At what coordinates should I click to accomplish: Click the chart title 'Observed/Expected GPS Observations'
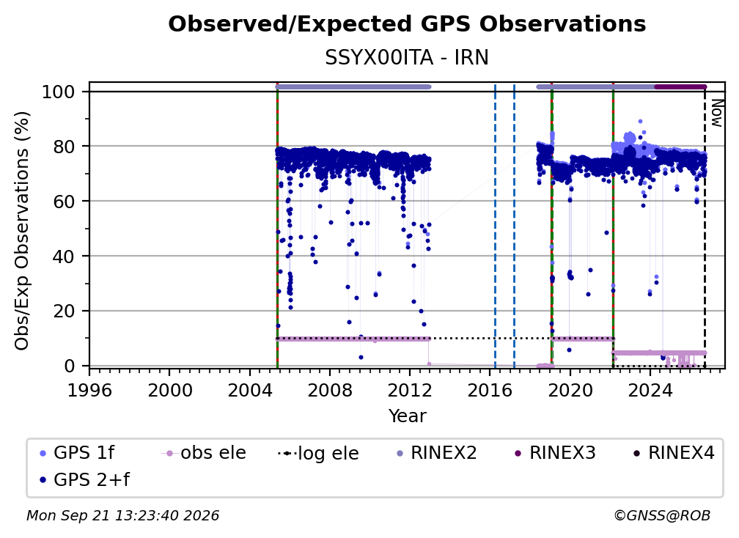407,24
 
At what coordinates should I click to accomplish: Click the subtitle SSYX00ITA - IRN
407,58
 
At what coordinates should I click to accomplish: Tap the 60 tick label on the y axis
64,202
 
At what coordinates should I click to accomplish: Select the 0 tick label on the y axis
70,366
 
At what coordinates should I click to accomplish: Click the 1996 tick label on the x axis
89,391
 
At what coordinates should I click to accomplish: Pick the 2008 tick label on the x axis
329,391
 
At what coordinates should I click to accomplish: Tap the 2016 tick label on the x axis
489,391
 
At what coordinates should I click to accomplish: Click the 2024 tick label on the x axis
650,391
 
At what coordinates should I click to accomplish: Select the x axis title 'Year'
407,416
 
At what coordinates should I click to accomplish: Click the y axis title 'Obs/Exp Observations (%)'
22,231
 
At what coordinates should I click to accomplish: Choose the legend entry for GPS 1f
77,453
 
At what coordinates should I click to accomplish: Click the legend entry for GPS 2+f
84,480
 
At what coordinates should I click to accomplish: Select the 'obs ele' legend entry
204,453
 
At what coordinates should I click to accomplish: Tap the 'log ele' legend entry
319,453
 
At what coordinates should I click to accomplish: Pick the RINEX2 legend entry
437,453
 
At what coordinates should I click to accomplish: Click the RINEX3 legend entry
556,453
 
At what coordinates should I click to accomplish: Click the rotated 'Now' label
716,113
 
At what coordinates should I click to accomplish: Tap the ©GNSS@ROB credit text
662,516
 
